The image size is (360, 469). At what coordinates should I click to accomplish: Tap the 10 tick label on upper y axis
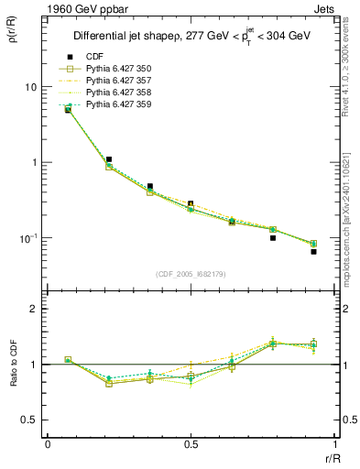[x=29, y=87]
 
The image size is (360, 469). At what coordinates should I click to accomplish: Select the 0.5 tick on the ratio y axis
[x=29, y=420]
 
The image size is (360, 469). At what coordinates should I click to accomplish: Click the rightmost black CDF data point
[x=313, y=251]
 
